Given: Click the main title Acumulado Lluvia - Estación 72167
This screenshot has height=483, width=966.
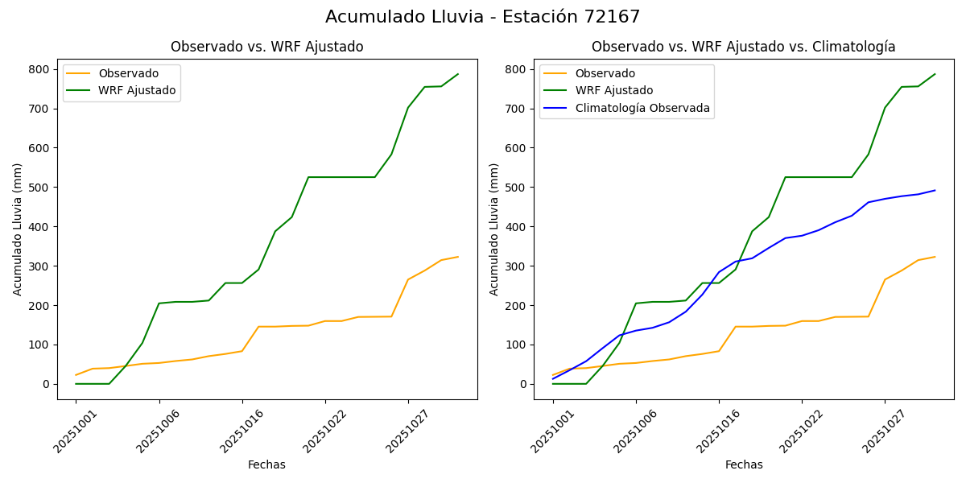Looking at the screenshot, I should [x=483, y=17].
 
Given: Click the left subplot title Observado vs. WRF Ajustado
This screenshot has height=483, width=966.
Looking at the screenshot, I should [x=266, y=47].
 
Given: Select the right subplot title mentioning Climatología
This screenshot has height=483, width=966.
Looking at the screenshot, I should [x=743, y=47].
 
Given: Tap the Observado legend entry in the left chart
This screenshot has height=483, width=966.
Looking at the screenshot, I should [x=128, y=73].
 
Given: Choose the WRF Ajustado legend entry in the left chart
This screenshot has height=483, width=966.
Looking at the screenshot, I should [x=137, y=90].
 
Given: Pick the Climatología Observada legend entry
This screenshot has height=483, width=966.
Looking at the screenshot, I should [x=642, y=108].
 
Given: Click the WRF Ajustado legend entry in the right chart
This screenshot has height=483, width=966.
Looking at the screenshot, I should [x=613, y=90].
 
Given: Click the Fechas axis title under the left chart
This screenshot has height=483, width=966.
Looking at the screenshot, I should [x=266, y=464].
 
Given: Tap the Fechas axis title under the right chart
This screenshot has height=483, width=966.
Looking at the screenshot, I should [x=744, y=464].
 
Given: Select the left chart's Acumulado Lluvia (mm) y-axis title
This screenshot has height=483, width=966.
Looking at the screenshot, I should [x=18, y=229].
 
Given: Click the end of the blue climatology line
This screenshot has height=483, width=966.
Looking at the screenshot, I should [x=935, y=191].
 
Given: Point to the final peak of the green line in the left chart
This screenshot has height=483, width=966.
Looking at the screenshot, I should [x=458, y=74].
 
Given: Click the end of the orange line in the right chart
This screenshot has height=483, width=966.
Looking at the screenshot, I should [x=935, y=257].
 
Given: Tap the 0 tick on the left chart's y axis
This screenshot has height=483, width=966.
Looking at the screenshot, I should [x=47, y=384].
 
